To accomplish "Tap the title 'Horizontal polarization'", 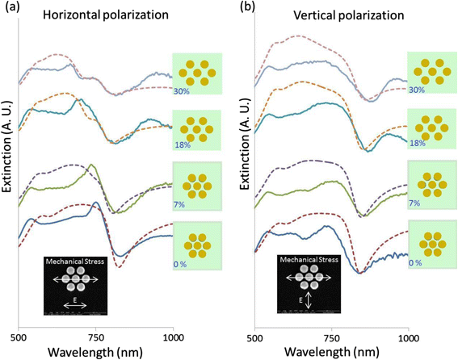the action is (106, 15).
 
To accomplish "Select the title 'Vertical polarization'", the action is (349, 15).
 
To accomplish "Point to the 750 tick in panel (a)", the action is (96, 338).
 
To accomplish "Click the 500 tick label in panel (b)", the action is (254, 338).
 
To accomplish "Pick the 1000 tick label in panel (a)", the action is (173, 338).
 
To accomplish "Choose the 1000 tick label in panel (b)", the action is (408, 338).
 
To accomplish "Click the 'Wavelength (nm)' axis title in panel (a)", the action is (95, 352).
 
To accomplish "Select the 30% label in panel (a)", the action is (182, 91).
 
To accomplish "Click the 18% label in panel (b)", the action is (418, 144).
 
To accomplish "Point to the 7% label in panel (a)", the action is (179, 204).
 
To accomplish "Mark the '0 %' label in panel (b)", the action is (415, 263).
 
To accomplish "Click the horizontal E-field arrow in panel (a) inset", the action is (75, 306).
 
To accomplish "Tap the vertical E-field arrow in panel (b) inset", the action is (309, 301).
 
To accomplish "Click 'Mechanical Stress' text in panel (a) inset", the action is (75, 261).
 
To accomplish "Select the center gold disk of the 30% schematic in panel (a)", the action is (197, 73).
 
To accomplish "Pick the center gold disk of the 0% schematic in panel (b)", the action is (433, 244).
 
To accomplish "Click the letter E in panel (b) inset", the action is (302, 300).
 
